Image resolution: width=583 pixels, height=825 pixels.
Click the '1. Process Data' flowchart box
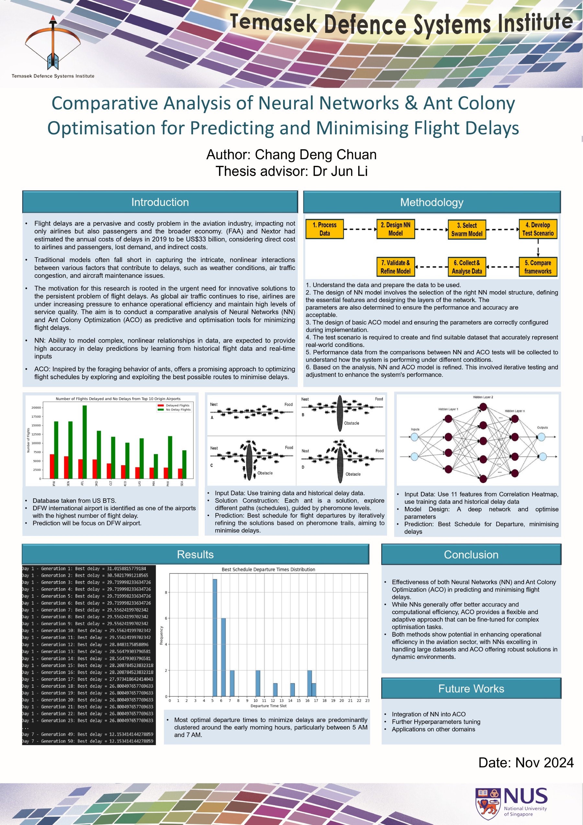(325, 229)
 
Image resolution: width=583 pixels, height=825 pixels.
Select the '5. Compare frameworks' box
(538, 267)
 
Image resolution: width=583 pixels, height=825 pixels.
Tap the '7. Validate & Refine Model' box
(395, 267)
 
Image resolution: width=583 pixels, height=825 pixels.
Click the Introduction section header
(160, 202)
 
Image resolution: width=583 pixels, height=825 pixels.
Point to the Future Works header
(471, 688)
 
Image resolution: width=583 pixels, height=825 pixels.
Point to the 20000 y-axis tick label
(36, 408)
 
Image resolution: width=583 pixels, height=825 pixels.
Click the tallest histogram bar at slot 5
(215, 638)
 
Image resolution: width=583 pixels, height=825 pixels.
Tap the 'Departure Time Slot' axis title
(269, 706)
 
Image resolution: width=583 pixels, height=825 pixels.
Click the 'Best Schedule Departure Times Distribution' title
(268, 570)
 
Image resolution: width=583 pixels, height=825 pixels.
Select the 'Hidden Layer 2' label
(483, 397)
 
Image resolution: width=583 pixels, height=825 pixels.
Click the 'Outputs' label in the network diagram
(542, 428)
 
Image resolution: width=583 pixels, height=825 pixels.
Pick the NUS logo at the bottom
(511, 802)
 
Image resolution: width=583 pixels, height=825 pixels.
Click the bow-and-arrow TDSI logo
(53, 43)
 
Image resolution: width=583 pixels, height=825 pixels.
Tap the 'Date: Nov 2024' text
(525, 763)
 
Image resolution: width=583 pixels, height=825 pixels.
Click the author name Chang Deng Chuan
(315, 154)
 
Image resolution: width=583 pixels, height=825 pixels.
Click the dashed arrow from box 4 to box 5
(538, 248)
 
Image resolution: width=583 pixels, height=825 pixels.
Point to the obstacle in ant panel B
(340, 413)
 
